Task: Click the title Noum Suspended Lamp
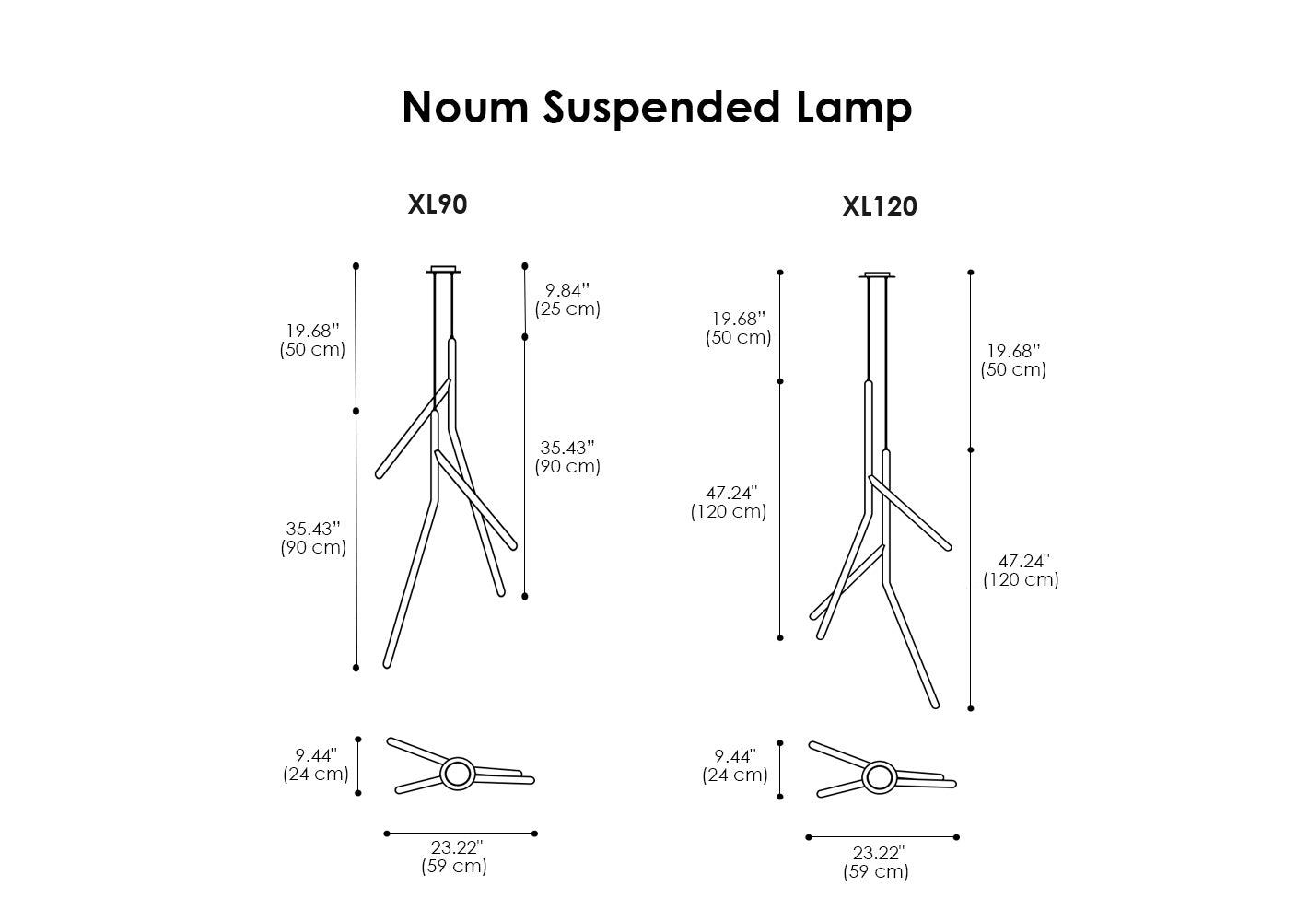tap(657, 107)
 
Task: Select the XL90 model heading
tap(438, 204)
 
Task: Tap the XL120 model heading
tap(880, 207)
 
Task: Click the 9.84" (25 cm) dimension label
tap(567, 300)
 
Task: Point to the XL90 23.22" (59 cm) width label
tap(455, 857)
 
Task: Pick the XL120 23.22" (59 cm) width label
tap(876, 862)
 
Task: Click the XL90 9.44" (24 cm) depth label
tap(315, 764)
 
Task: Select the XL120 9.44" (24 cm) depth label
tap(735, 765)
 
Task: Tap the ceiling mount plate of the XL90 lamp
tap(443, 270)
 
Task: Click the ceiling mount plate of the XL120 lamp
tap(878, 274)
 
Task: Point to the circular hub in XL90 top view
tap(457, 774)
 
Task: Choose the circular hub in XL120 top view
tap(878, 778)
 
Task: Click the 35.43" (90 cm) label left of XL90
tap(313, 538)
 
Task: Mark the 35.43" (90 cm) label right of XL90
tap(567, 457)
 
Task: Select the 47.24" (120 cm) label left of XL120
tap(729, 502)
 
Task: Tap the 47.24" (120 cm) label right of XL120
tap(1022, 570)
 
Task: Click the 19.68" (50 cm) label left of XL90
tap(312, 340)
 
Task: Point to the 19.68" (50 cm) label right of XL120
tap(1013, 360)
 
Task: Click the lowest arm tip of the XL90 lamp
tap(387, 663)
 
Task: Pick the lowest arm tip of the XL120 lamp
tap(935, 705)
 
